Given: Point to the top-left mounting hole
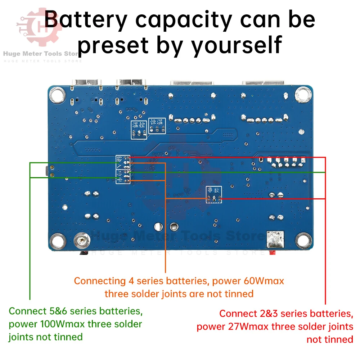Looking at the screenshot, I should [x=57, y=95].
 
